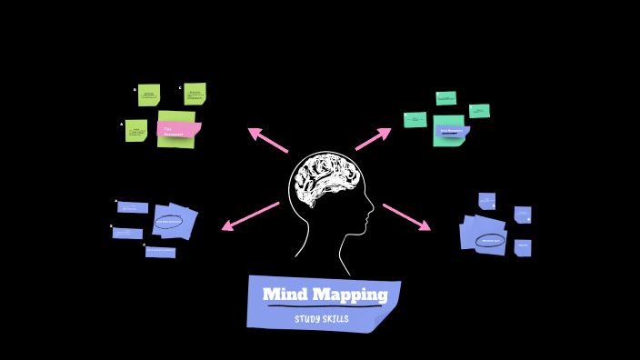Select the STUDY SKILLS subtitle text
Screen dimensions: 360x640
(x=321, y=319)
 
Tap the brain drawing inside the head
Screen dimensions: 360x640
(x=327, y=180)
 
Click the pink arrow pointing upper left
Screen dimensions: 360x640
(x=267, y=140)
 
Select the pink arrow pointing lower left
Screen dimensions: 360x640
(x=250, y=215)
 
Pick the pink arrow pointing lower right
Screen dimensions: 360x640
(x=406, y=216)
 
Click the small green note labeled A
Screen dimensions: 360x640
(x=136, y=130)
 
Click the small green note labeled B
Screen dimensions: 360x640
(x=149, y=95)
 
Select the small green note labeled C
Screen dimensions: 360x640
(x=195, y=94)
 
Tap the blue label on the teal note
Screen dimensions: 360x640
(x=452, y=131)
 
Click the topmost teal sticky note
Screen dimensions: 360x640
(x=445, y=97)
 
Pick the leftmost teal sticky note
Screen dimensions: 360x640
(x=415, y=119)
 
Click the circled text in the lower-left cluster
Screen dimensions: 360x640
(x=170, y=221)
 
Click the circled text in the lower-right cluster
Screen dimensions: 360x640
(x=490, y=241)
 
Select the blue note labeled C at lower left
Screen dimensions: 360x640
(x=160, y=252)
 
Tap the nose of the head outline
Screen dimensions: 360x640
(x=371, y=215)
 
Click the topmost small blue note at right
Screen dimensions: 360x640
(x=487, y=200)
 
